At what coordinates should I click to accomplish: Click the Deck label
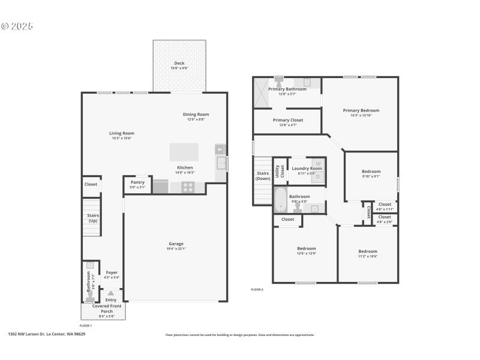[179, 63]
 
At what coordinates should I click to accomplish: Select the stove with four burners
[188, 187]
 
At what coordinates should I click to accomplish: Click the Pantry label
[137, 182]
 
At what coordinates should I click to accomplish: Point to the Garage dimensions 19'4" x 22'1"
[176, 249]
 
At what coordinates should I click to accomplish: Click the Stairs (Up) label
[92, 218]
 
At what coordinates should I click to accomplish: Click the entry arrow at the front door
[111, 293]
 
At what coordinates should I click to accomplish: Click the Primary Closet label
[287, 120]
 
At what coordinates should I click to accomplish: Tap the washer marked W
[318, 163]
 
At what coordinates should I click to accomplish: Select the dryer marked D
[318, 176]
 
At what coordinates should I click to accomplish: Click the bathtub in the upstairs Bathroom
[280, 200]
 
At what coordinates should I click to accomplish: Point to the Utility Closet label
[279, 172]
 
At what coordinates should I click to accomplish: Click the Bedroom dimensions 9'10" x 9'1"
[371, 176]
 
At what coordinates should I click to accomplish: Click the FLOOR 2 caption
[257, 289]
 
